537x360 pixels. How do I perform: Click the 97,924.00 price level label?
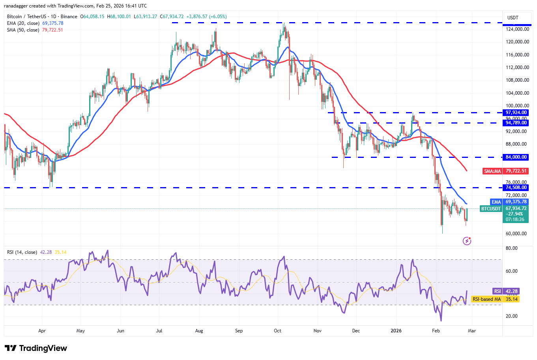tap(516, 112)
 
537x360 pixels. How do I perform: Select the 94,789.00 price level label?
tap(516, 123)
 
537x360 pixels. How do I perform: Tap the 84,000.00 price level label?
tap(516, 157)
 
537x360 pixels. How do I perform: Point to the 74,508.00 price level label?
tap(516, 187)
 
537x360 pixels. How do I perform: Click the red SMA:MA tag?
tap(492, 171)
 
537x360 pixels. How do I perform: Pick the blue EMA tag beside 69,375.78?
tap(496, 202)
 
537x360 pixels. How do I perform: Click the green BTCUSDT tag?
tap(491, 208)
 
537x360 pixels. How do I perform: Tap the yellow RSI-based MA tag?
tap(486, 299)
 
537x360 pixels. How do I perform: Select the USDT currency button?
tap(513, 18)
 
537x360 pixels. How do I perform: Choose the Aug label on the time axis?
tap(199, 331)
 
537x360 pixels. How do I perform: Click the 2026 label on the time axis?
tap(396, 331)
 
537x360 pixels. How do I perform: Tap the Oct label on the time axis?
tap(278, 331)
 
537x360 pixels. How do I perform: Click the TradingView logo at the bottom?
tap(36, 348)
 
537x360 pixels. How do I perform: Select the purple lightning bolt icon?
tap(467, 241)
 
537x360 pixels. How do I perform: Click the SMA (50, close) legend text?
tap(23, 30)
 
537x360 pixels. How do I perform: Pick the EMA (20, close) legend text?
tap(23, 23)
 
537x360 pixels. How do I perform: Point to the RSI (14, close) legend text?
tap(22, 252)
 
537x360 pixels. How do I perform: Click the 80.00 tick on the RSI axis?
tap(512, 248)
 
